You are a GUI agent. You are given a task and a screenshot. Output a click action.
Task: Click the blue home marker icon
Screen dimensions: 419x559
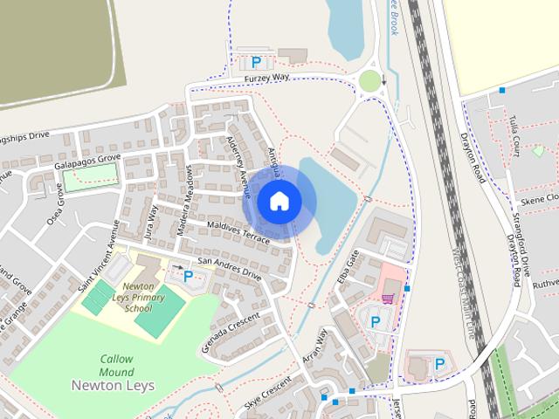279,201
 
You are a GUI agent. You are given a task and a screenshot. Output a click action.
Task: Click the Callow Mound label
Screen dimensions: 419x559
116,364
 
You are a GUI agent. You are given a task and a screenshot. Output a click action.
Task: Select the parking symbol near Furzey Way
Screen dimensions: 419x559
256,62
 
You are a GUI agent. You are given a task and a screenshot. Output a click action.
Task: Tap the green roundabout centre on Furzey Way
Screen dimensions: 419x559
370,81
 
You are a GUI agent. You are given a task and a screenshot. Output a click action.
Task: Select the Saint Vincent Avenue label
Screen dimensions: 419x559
97,264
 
